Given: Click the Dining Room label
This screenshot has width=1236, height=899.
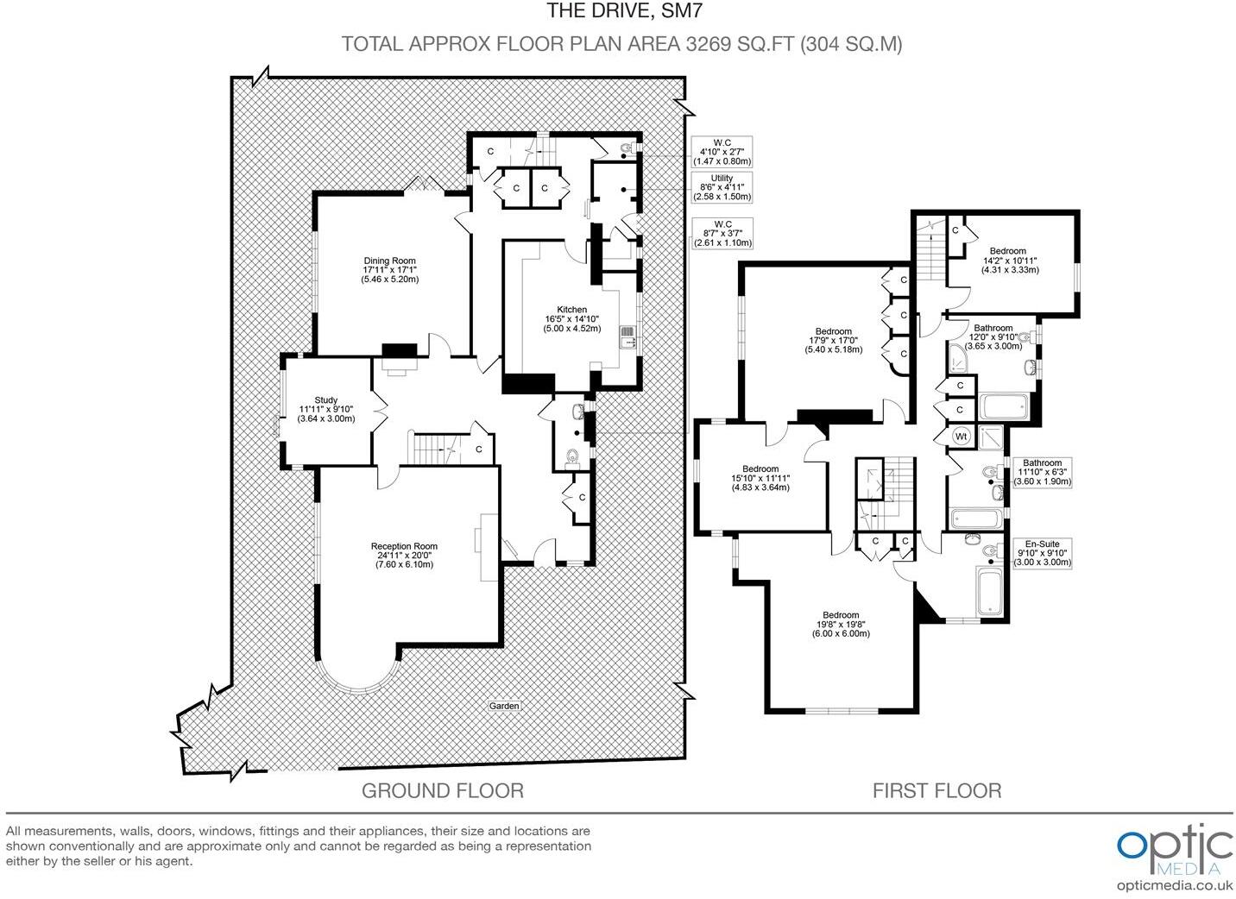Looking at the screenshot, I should click(x=390, y=270).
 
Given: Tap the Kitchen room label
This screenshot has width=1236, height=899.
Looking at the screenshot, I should click(x=571, y=318).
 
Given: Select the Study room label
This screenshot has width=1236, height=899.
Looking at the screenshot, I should click(x=325, y=409).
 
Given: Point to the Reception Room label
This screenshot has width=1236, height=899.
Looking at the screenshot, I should click(x=404, y=555).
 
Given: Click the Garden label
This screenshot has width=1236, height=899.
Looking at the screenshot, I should click(x=505, y=706).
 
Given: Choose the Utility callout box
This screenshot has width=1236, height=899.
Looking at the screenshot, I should click(x=722, y=187).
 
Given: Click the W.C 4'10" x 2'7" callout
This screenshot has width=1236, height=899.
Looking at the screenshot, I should click(x=722, y=152).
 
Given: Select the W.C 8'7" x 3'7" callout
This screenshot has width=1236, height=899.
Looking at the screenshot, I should click(x=722, y=233).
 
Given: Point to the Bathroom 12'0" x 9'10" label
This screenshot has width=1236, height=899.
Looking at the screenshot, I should click(x=993, y=336).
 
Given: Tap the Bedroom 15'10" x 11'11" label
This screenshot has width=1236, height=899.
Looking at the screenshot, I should click(x=760, y=478).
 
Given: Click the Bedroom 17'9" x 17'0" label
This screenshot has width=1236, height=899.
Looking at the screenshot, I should click(x=833, y=340).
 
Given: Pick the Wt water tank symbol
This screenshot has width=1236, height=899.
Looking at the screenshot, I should click(x=961, y=437).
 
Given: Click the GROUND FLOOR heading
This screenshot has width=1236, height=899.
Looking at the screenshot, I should click(x=442, y=790).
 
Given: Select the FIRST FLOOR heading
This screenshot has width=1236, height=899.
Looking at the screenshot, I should click(x=936, y=790).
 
